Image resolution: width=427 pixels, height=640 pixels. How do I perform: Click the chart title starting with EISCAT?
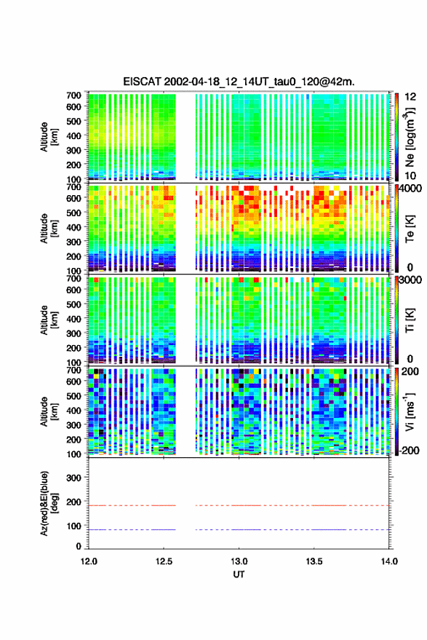point(239,82)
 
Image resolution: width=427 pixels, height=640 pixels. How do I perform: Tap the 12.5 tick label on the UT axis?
point(164,561)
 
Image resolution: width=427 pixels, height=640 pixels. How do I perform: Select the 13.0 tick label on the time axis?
point(239,561)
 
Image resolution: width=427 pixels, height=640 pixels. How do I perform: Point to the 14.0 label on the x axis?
point(389,561)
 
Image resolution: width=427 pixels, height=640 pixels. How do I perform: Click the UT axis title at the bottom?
point(239,574)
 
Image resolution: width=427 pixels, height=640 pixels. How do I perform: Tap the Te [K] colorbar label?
point(410,229)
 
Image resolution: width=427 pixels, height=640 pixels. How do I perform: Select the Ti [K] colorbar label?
point(410,320)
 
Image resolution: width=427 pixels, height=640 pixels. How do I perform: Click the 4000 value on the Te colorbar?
point(411,189)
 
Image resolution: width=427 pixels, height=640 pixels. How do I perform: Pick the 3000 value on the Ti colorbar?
point(411,280)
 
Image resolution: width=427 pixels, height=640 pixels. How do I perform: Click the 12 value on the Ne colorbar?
point(411,97)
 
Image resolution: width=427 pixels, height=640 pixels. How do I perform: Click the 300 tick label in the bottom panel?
point(73,478)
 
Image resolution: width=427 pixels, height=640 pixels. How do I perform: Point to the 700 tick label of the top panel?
point(73,95)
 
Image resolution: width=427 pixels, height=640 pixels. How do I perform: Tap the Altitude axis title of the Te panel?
point(49,229)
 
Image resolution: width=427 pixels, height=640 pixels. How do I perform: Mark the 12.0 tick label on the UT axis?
point(89,561)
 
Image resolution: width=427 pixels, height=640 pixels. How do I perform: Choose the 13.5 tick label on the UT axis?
point(314,561)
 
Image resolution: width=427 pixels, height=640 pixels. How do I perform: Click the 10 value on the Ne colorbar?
point(411,175)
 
